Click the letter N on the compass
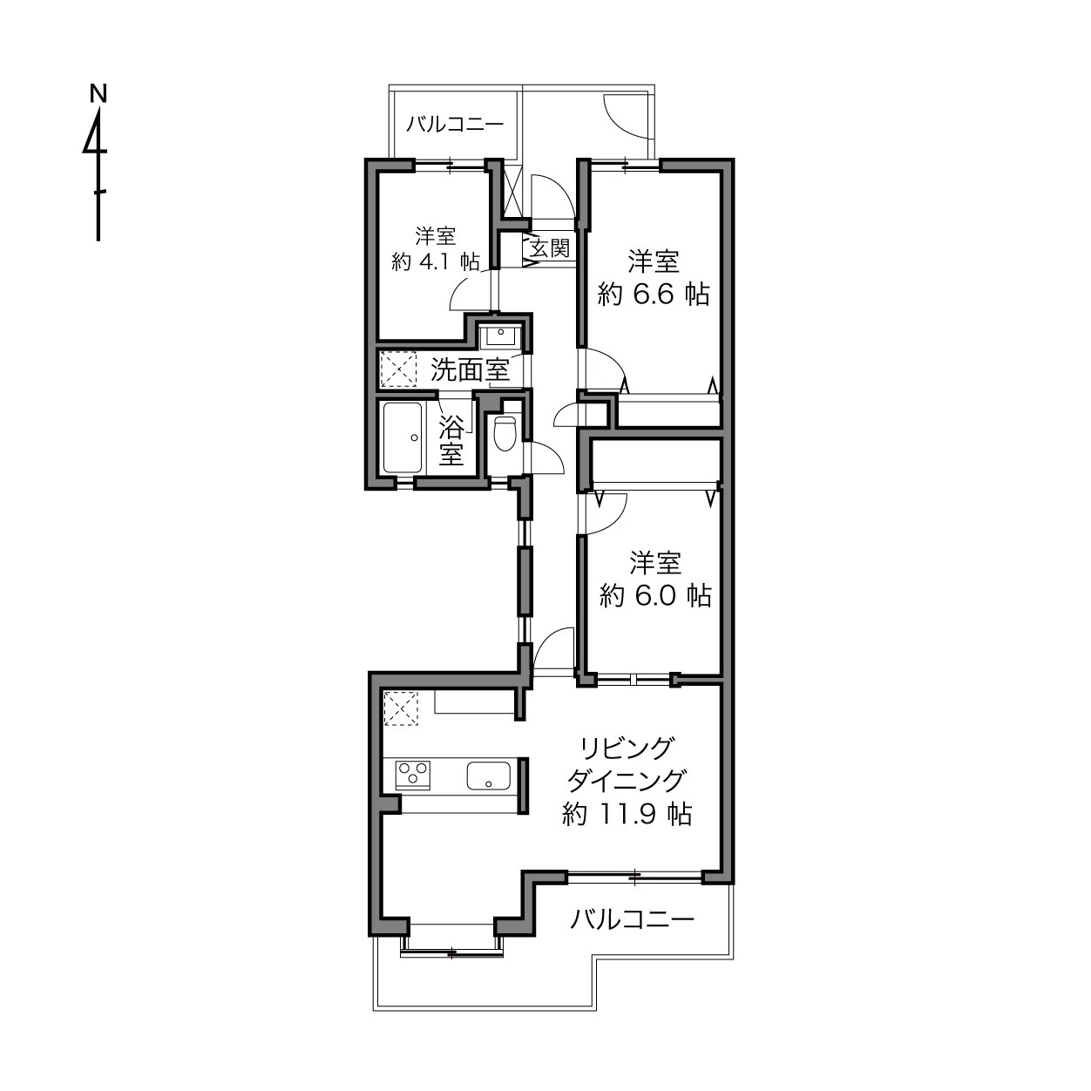click(98, 93)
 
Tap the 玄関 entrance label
click(550, 248)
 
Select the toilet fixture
click(505, 433)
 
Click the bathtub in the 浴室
click(403, 437)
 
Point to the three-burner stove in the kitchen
click(413, 775)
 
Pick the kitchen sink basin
click(488, 775)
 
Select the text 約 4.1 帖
click(436, 261)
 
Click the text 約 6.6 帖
click(654, 295)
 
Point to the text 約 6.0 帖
click(655, 595)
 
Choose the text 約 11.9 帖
click(627, 814)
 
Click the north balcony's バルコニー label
click(455, 124)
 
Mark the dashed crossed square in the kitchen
click(401, 708)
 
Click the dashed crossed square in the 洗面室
click(398, 369)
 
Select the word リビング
click(627, 749)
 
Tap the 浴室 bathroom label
click(451, 441)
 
